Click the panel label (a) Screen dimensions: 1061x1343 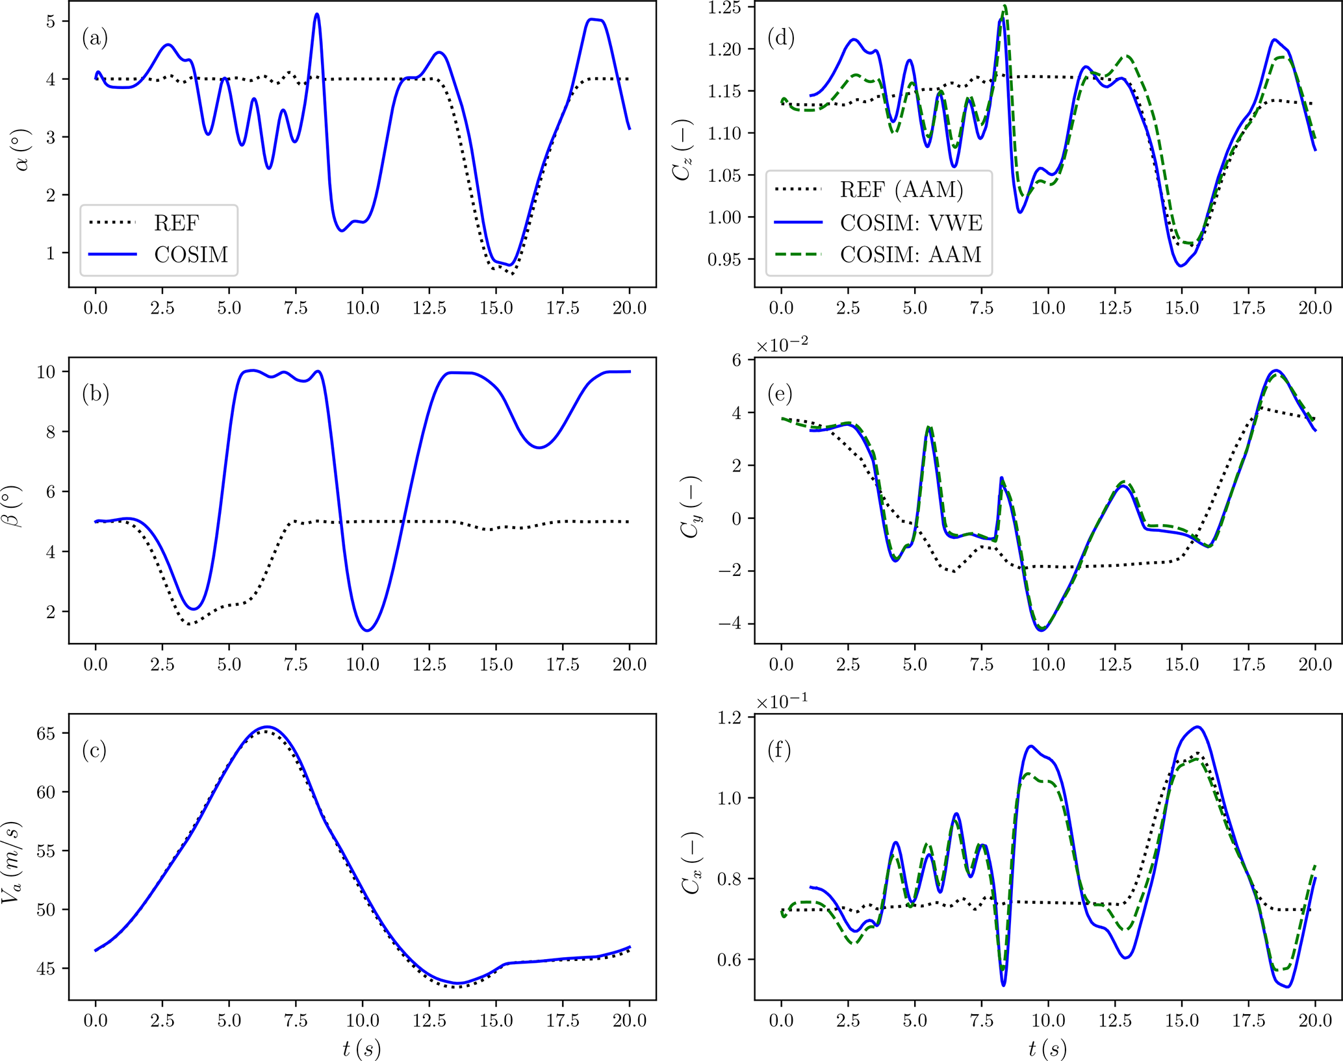pos(95,38)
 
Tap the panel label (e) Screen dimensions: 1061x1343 pos(780,394)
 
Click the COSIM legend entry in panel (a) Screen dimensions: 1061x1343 pos(191,255)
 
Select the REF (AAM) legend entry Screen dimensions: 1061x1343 pos(901,190)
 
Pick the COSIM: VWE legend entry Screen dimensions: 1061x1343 pos(911,223)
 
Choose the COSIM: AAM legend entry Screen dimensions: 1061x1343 pos(910,255)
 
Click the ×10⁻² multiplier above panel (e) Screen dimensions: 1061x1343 pos(782,345)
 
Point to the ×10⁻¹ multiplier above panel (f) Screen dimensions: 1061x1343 pos(782,702)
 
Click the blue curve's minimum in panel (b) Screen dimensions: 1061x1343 pos(368,630)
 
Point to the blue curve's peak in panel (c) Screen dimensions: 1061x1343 pos(267,727)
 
